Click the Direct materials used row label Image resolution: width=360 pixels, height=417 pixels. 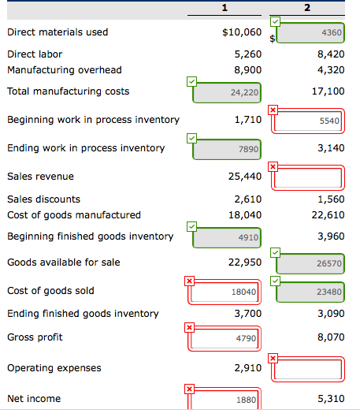click(x=58, y=32)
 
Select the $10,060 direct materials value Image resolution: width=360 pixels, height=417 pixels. click(x=242, y=32)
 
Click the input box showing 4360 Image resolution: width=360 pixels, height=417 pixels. click(x=310, y=33)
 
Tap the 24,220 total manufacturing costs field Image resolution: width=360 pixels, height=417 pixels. click(x=228, y=92)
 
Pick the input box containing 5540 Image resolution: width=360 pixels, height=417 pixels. click(x=310, y=122)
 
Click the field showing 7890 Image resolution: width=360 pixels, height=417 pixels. click(x=228, y=148)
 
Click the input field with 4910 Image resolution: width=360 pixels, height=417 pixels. click(x=228, y=236)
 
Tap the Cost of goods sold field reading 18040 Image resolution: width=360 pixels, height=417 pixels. click(x=228, y=292)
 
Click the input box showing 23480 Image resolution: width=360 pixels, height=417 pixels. click(x=310, y=292)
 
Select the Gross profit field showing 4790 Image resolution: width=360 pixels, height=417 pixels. click(x=228, y=339)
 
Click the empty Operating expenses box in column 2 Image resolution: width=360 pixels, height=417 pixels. click(x=310, y=369)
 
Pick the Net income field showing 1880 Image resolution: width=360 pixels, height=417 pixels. click(x=228, y=400)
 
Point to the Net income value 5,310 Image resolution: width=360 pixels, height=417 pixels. click(x=330, y=399)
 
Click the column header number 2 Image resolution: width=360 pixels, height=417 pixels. click(x=307, y=8)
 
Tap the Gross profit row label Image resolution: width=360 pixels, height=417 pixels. click(x=35, y=337)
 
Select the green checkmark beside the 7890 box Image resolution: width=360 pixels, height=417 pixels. click(x=191, y=137)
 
